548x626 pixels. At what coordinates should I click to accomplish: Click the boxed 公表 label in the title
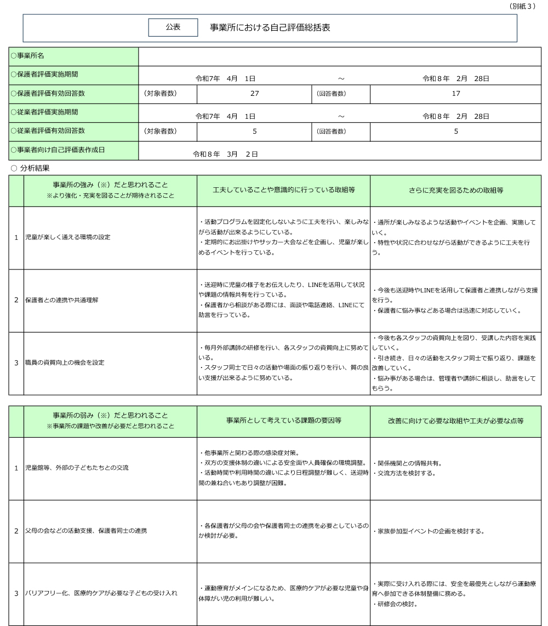tap(173, 27)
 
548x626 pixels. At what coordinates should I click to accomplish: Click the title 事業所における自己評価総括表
tap(270, 27)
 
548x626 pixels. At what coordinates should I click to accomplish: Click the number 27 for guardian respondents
tap(255, 94)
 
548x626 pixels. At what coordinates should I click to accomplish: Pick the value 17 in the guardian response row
tap(456, 94)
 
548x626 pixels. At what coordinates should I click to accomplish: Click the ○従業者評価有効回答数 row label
tap(48, 131)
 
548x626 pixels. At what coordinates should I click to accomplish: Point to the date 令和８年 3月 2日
tap(225, 154)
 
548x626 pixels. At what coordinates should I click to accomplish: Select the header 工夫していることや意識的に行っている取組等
tap(283, 190)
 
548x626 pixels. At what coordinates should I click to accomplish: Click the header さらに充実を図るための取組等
tap(456, 190)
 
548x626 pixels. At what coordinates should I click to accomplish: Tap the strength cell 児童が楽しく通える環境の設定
tap(68, 237)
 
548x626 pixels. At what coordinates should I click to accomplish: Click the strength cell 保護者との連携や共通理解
tap(62, 300)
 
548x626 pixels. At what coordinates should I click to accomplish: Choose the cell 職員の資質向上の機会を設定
tap(65, 363)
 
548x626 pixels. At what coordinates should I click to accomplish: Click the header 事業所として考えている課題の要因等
tap(283, 421)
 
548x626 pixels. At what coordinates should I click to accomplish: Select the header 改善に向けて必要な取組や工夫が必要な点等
tap(456, 421)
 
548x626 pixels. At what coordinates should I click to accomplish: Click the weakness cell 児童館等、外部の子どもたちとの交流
tap(77, 468)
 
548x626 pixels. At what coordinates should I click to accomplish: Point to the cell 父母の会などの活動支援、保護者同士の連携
tap(86, 531)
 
